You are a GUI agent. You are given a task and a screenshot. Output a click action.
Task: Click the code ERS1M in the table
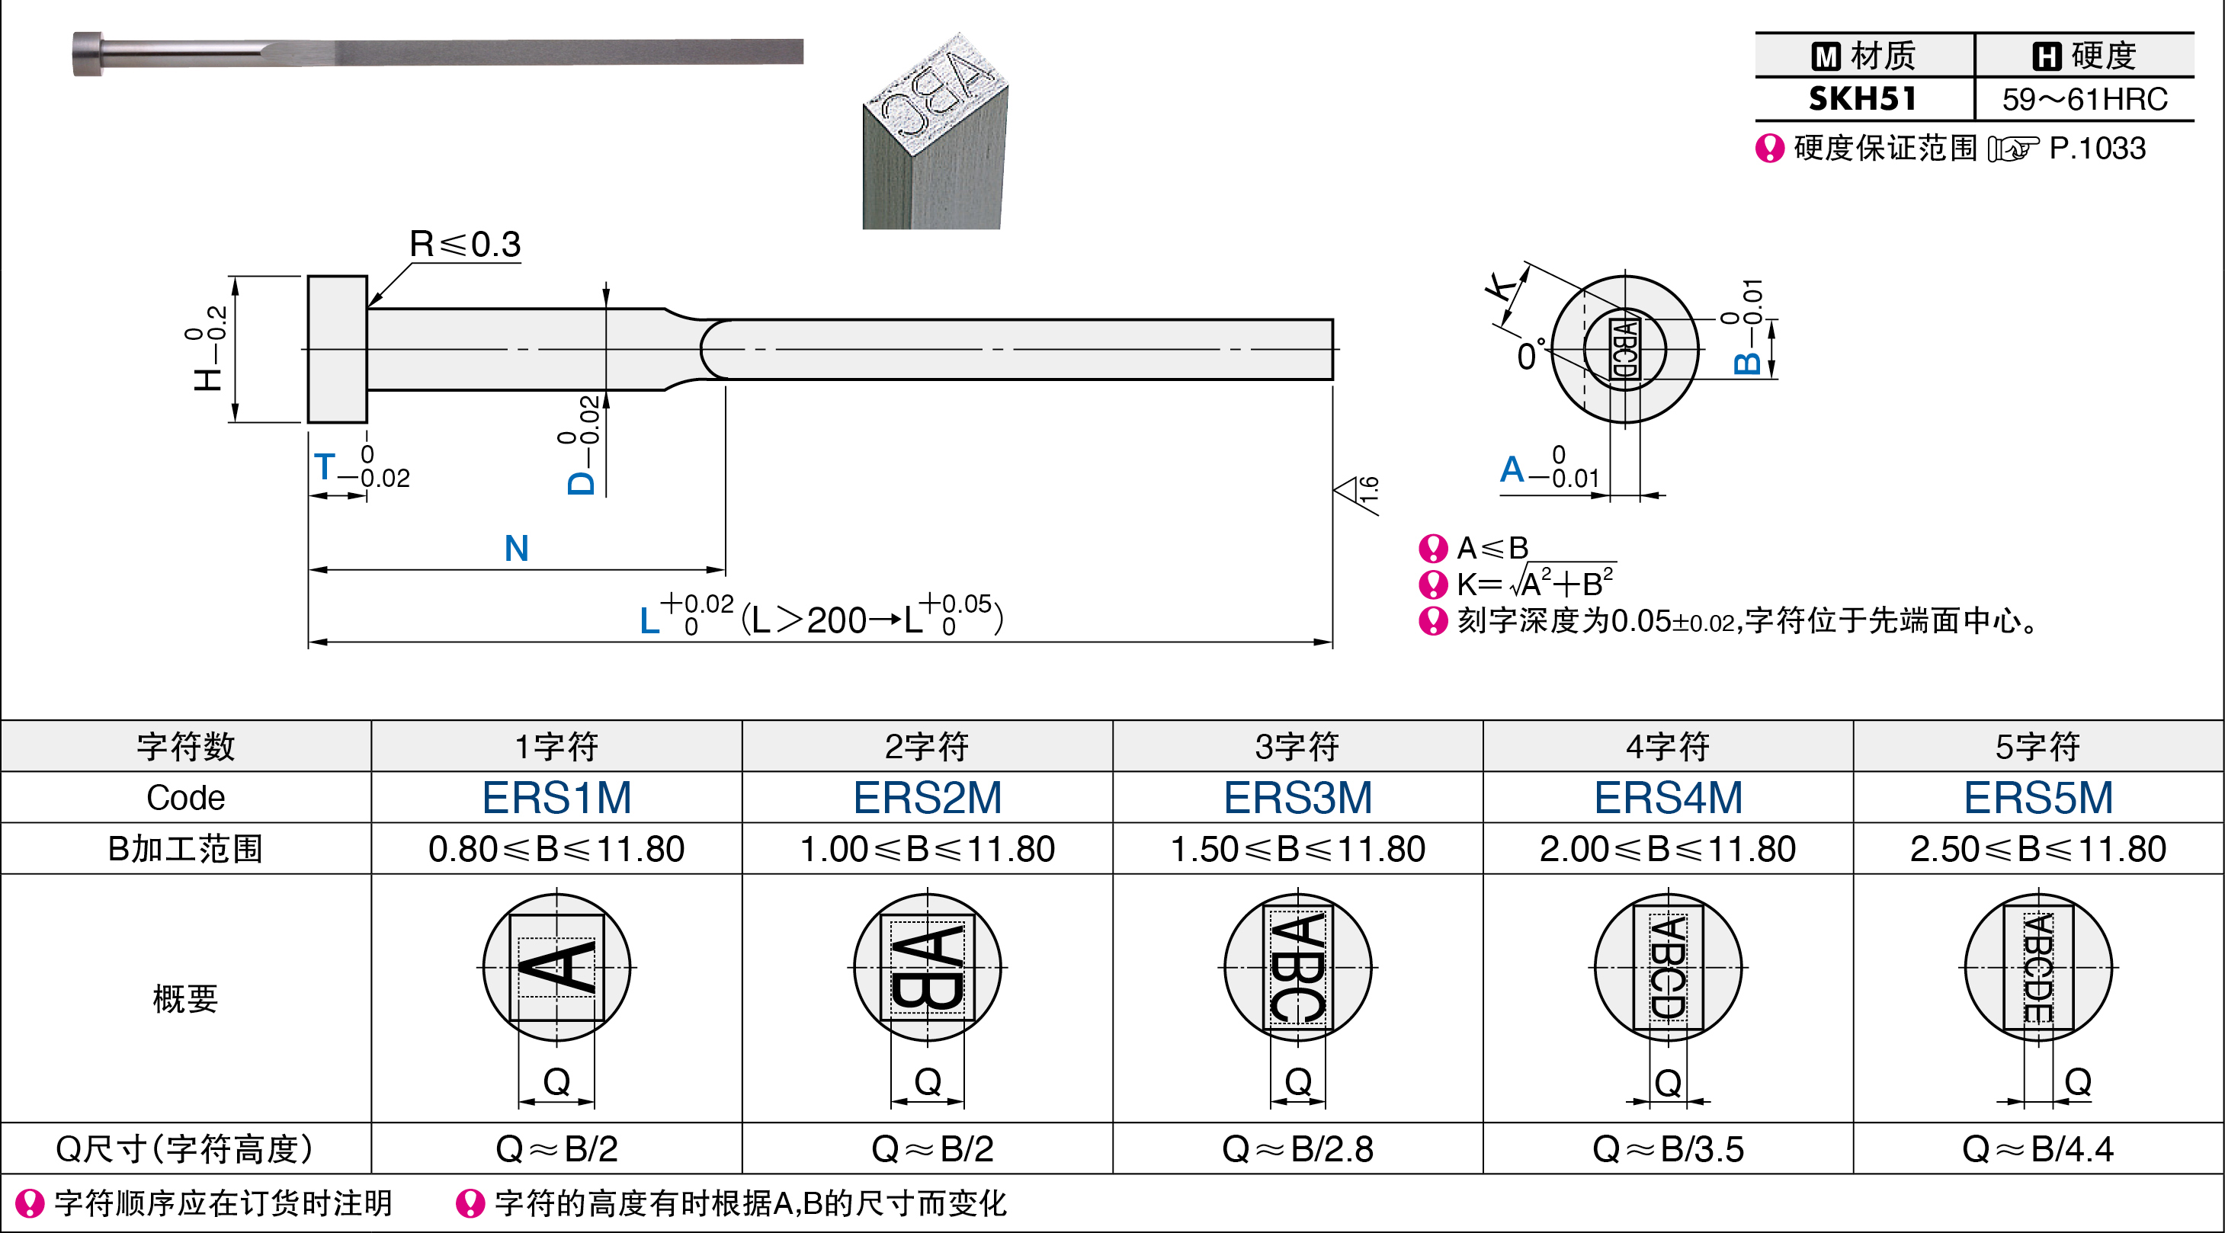pyautogui.click(x=556, y=797)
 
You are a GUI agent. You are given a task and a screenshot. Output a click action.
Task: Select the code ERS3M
pyautogui.click(x=1297, y=797)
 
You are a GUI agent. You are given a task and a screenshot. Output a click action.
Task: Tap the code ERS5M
pyautogui.click(x=2038, y=797)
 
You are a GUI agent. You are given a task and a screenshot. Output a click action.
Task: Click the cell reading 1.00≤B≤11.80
pyautogui.click(x=927, y=849)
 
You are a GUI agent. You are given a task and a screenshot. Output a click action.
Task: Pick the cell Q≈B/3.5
pyautogui.click(x=1668, y=1149)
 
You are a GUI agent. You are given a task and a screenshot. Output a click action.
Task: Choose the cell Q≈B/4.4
pyautogui.click(x=2038, y=1149)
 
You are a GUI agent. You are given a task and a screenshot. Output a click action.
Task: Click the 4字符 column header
pyautogui.click(x=1668, y=746)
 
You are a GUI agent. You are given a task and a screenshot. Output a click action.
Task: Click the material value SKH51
pyautogui.click(x=1863, y=99)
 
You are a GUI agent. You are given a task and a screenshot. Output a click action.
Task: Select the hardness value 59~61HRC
pyautogui.click(x=2084, y=99)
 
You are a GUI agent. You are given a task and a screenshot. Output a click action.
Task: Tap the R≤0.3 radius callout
pyautogui.click(x=465, y=245)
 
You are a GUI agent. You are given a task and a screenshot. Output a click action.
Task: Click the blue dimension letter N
pyautogui.click(x=517, y=548)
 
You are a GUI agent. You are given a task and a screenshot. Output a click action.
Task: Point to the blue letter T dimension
pyautogui.click(x=325, y=467)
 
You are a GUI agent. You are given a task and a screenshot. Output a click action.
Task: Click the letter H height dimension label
pyautogui.click(x=208, y=377)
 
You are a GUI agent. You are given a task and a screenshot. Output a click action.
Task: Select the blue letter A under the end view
pyautogui.click(x=1512, y=469)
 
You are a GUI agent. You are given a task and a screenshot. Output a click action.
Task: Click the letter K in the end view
pyautogui.click(x=1503, y=284)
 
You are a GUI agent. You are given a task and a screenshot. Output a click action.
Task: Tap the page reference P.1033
pyautogui.click(x=2097, y=149)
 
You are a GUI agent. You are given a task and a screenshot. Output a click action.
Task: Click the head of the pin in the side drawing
pyautogui.click(x=338, y=350)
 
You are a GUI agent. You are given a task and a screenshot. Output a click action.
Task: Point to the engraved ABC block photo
pyautogui.click(x=935, y=131)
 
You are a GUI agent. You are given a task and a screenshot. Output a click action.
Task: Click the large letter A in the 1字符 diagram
pyautogui.click(x=557, y=967)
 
